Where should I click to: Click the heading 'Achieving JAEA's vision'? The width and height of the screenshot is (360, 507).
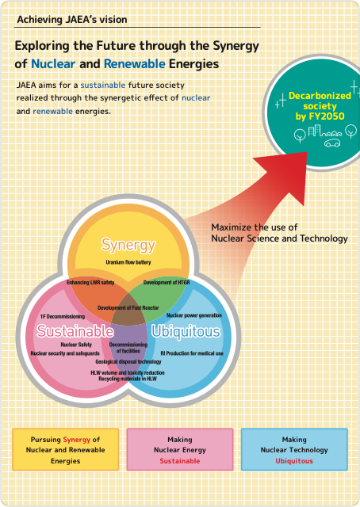[72, 20]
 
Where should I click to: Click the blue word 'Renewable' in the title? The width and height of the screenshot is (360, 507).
[134, 63]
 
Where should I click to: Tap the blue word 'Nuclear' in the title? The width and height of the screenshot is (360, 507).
[53, 63]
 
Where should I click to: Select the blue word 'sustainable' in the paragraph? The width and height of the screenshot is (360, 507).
[103, 85]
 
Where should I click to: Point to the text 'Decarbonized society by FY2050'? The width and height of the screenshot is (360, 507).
[320, 106]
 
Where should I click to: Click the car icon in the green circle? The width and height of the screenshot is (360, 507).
[332, 143]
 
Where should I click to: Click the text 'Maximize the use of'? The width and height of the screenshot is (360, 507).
[254, 227]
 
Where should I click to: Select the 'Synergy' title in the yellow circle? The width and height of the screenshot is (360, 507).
[128, 245]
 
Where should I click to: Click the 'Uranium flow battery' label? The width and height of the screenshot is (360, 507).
[128, 262]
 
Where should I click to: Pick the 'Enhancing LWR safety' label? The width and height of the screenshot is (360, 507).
[90, 283]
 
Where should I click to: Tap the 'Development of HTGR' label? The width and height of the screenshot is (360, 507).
[167, 283]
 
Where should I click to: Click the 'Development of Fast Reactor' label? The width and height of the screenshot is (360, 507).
[128, 308]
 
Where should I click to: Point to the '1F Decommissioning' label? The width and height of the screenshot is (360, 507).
[63, 317]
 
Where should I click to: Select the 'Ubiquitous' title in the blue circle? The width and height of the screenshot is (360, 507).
[186, 332]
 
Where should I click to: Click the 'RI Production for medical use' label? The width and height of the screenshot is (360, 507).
[192, 353]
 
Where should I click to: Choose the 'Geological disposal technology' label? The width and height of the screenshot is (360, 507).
[128, 362]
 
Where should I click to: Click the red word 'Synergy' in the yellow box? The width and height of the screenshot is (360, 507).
[77, 440]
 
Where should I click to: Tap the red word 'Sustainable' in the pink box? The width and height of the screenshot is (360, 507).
[180, 461]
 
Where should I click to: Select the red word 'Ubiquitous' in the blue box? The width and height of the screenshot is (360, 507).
[294, 461]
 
